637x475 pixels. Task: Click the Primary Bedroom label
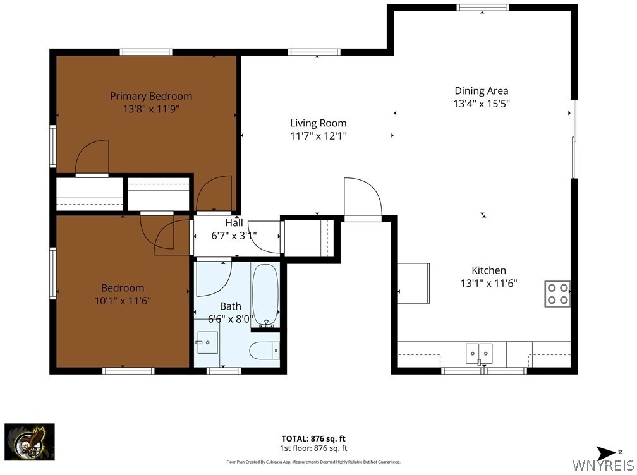[151, 96]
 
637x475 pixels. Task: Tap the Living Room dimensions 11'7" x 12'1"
[318, 136]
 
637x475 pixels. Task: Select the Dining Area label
[482, 91]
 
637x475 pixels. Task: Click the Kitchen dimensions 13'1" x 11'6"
[488, 283]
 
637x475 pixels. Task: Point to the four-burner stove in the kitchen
[557, 294]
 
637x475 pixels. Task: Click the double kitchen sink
[479, 353]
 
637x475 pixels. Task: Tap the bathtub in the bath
[265, 295]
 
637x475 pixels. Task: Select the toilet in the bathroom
[264, 350]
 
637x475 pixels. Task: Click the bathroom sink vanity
[207, 342]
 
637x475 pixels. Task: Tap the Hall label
[234, 222]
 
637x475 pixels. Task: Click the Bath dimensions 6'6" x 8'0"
[231, 319]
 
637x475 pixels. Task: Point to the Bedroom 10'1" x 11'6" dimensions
[123, 301]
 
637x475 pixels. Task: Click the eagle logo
[30, 442]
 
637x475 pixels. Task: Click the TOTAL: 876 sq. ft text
[313, 438]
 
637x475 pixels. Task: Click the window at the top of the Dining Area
[482, 8]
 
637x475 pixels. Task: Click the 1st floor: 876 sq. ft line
[313, 448]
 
